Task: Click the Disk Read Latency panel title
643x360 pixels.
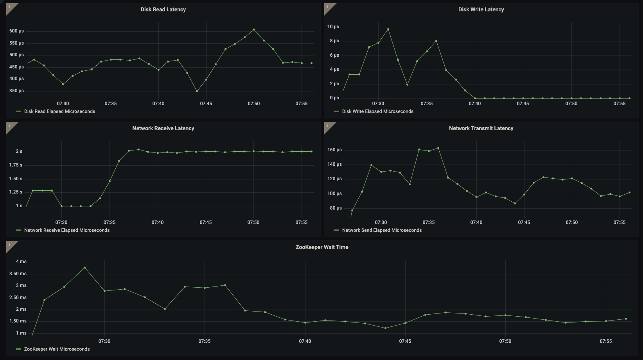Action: [163, 9]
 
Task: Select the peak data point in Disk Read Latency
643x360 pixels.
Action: [254, 29]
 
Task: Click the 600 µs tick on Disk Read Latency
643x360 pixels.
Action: [16, 31]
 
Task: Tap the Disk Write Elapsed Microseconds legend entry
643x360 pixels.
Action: [377, 111]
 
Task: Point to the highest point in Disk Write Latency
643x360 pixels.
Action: [388, 29]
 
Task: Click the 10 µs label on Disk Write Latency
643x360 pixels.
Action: [333, 27]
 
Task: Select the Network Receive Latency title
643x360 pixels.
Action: [163, 128]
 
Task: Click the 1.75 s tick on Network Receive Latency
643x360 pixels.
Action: [16, 165]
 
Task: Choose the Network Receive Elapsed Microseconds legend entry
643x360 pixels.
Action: [66, 230]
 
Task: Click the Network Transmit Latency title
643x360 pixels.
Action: [481, 128]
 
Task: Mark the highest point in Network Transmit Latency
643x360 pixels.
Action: [438, 148]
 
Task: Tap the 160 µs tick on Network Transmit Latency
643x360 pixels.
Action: [334, 150]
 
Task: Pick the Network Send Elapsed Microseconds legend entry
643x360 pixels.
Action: [381, 230]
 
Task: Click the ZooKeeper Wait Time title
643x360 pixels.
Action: [322, 247]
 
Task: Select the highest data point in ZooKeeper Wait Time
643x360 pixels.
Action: [84, 267]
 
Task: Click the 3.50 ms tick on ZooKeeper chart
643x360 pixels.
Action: [18, 274]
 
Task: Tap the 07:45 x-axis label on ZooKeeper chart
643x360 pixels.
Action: [405, 341]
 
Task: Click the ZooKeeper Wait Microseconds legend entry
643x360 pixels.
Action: [57, 349]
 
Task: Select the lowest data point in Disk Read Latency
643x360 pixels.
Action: [197, 91]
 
